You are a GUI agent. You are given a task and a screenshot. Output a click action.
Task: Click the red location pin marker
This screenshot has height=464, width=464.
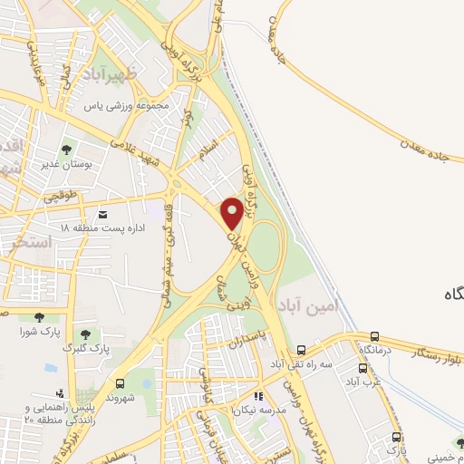[x=232, y=213]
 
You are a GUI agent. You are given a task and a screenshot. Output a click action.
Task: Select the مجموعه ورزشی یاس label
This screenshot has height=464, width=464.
[x=128, y=106]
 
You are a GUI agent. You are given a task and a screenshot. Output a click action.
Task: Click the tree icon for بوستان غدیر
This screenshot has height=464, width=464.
[x=65, y=150]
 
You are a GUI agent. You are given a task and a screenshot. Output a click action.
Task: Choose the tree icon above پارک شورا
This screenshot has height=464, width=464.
[x=38, y=316]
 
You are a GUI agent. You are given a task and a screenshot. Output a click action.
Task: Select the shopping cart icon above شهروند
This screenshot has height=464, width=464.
[x=125, y=383]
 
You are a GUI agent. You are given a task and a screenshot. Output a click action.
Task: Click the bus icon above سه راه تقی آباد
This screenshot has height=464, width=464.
[x=301, y=350]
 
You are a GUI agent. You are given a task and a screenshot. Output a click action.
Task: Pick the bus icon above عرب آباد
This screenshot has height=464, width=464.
[x=363, y=368]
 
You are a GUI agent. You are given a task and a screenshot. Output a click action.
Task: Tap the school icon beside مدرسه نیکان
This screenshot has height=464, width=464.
[x=259, y=396]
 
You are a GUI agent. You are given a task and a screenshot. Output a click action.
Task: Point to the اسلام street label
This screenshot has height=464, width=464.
[x=207, y=147]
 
